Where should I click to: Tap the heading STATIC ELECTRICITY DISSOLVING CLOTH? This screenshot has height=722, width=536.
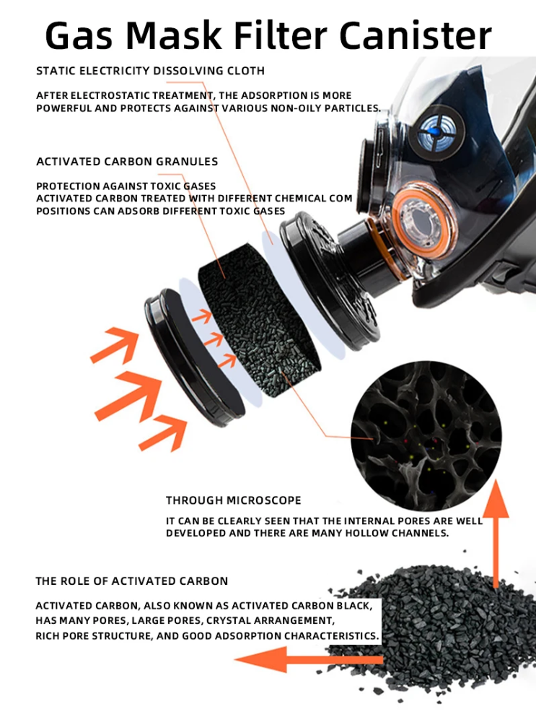coord(150,71)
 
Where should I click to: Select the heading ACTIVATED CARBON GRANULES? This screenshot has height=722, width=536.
coord(127,162)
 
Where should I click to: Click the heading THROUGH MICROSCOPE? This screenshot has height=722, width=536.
coord(234,500)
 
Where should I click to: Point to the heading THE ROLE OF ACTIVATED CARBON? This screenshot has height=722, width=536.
coord(132,580)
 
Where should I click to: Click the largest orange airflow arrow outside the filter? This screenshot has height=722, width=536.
coord(141,390)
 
